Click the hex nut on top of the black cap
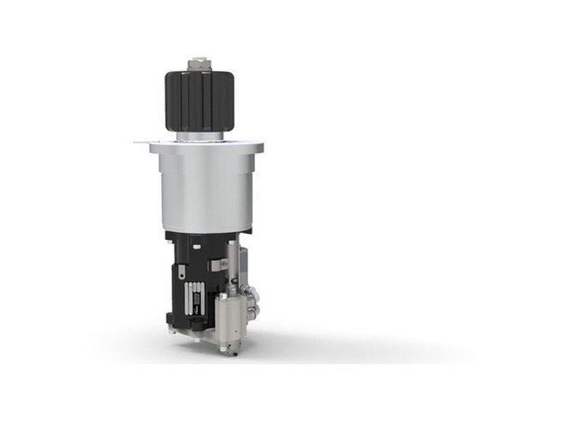tap(199, 63)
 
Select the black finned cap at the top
tap(199, 101)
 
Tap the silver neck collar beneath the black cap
tap(199, 135)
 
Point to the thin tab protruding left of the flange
tap(141, 143)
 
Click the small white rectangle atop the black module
tap(196, 247)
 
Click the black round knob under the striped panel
tap(197, 323)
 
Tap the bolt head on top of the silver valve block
tap(223, 296)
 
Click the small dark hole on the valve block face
tap(235, 331)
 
